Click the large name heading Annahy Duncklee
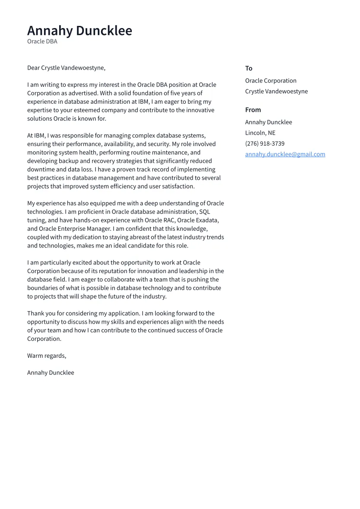(x=80, y=31)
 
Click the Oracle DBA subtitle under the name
(x=42, y=41)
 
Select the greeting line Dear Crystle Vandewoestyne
(x=66, y=68)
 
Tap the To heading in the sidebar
(x=248, y=68)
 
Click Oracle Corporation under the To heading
(x=271, y=81)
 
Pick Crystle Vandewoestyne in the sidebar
(x=276, y=92)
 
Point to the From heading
(x=253, y=110)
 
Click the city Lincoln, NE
(x=260, y=133)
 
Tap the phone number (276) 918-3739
(x=264, y=144)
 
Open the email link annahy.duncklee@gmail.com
(x=285, y=154)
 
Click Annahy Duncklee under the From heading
(x=268, y=122)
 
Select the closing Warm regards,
(x=47, y=356)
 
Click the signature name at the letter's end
(x=51, y=372)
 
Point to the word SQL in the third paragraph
(x=204, y=212)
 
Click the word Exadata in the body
(x=205, y=220)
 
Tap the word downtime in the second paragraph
(x=40, y=169)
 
